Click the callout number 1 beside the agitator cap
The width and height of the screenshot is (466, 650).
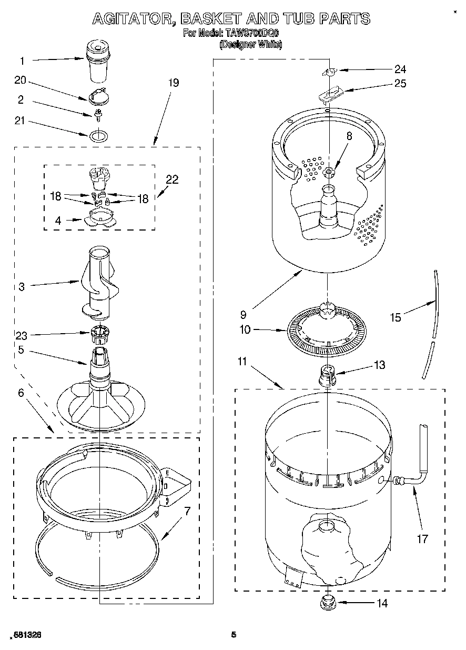(x=22, y=61)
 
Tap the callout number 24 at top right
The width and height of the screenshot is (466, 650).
(x=400, y=68)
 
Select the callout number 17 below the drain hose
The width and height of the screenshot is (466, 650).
(x=422, y=538)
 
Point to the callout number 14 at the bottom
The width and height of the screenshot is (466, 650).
(x=382, y=604)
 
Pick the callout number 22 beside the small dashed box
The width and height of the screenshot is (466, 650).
(x=172, y=180)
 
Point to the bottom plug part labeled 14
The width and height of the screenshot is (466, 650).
(x=329, y=601)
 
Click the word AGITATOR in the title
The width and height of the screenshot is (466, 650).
(x=133, y=19)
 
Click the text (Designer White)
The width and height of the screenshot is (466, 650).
(x=250, y=45)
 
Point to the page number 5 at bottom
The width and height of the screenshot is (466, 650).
(x=234, y=635)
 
